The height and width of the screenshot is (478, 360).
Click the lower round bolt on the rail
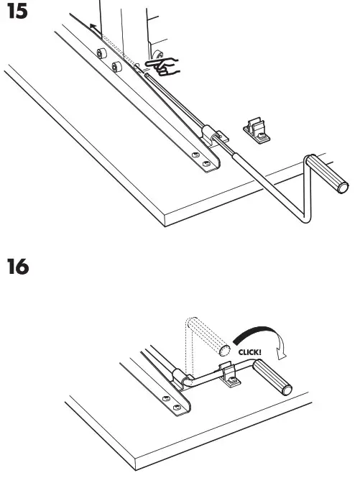(x=115, y=68)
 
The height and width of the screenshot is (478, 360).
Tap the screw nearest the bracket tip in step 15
(x=207, y=165)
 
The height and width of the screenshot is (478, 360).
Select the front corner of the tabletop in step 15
(x=166, y=215)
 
